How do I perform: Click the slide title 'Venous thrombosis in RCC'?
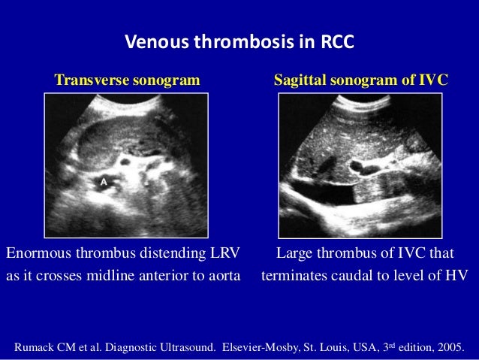pos(239,42)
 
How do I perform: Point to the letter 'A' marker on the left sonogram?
pos(104,182)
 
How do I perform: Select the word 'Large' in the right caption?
pos(296,253)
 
